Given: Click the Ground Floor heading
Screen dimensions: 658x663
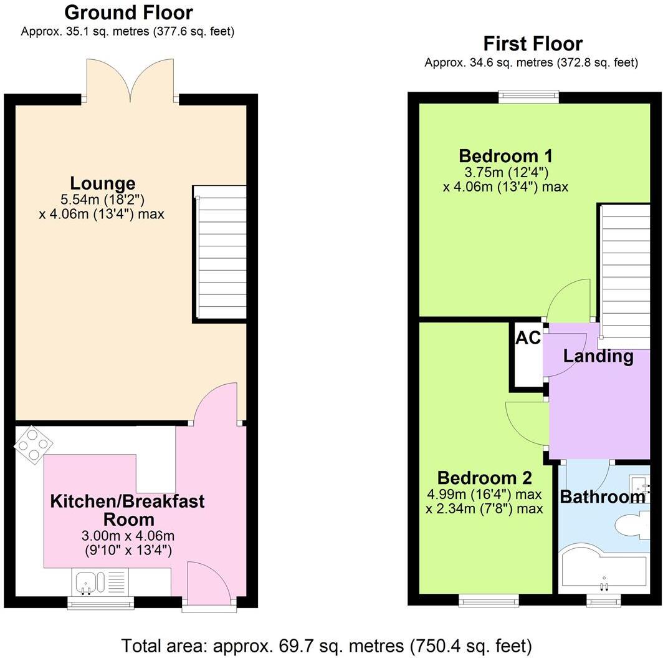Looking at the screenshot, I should click(x=128, y=12).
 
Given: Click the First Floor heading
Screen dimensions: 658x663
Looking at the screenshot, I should click(x=532, y=44).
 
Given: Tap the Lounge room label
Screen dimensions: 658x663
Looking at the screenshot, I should click(x=102, y=183).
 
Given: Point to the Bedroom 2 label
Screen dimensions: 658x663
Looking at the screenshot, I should click(x=484, y=478).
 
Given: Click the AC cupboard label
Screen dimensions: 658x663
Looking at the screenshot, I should click(x=527, y=338).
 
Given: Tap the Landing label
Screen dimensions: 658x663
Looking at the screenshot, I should click(x=598, y=357).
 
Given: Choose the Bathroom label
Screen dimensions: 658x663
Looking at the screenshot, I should click(x=602, y=497).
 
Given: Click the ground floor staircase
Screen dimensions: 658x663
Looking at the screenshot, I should click(x=219, y=253).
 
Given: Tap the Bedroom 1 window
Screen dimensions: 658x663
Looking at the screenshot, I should click(x=528, y=97).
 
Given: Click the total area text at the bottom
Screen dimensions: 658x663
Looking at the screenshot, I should click(x=327, y=644).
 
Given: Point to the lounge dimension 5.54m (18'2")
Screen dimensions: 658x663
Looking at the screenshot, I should click(x=102, y=200).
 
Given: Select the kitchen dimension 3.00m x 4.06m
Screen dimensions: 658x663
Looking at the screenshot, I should click(x=127, y=536).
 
